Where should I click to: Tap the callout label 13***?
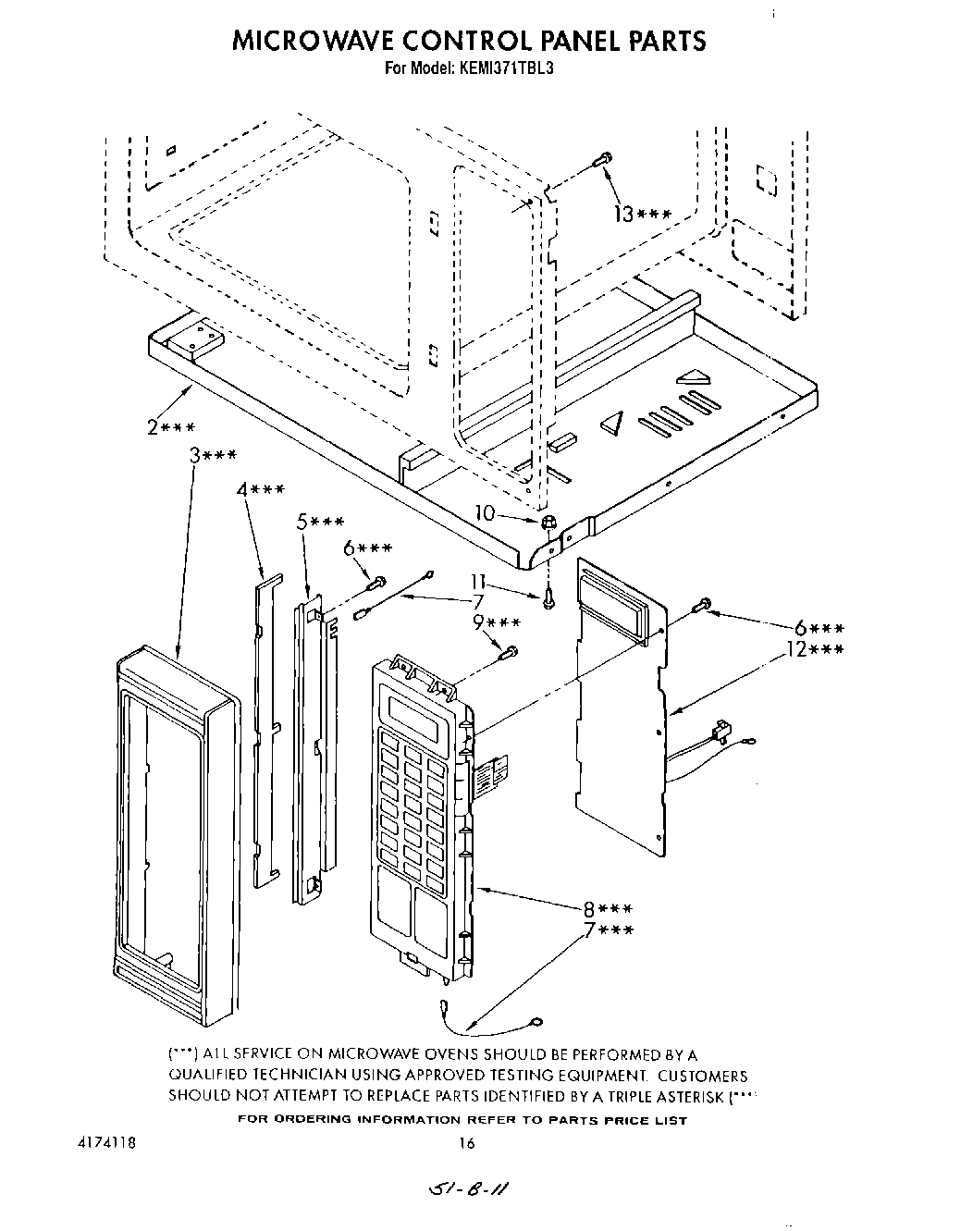(x=639, y=214)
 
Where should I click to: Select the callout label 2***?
(x=170, y=427)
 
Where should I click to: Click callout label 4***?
(x=259, y=489)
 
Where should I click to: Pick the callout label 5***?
(x=320, y=522)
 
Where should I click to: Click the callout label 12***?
(x=813, y=649)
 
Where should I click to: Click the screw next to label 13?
(x=602, y=161)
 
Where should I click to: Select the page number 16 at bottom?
(x=466, y=1143)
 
